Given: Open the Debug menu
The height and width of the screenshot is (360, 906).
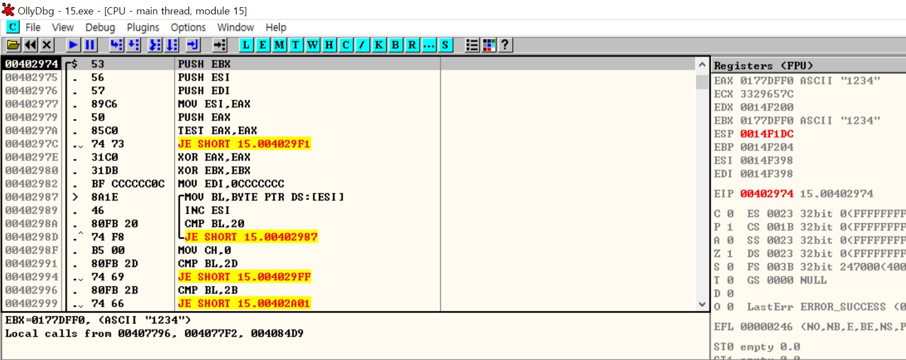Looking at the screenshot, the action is (x=100, y=27).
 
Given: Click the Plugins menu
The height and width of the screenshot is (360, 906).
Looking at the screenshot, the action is (x=143, y=27).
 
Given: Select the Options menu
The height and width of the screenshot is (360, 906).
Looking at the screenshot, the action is (x=188, y=27).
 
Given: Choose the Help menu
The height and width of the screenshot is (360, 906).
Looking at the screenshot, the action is (x=276, y=27).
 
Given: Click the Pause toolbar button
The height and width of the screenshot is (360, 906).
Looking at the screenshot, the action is (x=90, y=45).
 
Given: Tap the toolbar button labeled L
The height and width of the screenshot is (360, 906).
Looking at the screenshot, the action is (x=246, y=45).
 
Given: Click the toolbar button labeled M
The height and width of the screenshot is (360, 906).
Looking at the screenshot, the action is (x=279, y=45).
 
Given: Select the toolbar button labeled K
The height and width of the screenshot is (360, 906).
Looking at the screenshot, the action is (x=379, y=45).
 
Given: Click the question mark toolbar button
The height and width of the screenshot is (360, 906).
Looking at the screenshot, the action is (x=505, y=45).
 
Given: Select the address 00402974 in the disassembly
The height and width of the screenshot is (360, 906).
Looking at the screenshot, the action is (x=32, y=64).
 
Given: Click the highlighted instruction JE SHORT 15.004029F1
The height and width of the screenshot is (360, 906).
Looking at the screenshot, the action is (x=244, y=143).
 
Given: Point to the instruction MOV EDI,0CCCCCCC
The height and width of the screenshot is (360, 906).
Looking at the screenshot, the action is (x=230, y=183).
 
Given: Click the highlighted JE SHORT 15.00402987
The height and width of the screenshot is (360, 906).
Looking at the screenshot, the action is (x=251, y=236).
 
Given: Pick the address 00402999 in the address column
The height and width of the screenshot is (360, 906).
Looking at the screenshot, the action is (x=32, y=303).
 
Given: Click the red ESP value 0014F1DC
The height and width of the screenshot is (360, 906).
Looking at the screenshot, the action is (x=766, y=133).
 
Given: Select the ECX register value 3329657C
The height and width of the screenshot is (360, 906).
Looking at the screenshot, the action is (x=766, y=94).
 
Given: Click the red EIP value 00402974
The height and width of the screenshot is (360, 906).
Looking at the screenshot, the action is (x=766, y=193).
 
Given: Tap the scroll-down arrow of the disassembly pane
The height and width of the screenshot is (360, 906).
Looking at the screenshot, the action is (x=702, y=304).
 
